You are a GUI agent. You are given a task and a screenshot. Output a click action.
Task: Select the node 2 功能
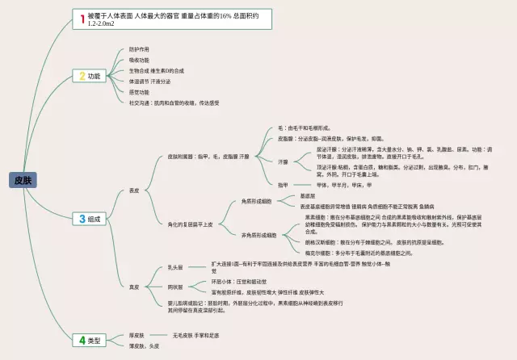point(90,76)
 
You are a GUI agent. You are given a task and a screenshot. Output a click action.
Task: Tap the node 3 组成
point(90,219)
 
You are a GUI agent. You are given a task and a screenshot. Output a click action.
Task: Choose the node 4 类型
point(90,340)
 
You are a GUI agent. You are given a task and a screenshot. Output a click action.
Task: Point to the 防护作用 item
point(139,50)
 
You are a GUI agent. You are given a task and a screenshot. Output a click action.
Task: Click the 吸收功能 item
point(139,61)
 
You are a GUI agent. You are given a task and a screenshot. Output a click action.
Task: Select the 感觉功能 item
point(139,92)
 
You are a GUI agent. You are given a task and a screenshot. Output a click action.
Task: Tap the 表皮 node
point(134,190)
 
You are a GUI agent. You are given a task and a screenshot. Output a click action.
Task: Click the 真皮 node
point(134,287)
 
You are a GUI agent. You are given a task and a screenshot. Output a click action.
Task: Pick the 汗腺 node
point(283,162)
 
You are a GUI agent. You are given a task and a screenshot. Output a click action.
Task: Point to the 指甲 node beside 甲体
point(283,185)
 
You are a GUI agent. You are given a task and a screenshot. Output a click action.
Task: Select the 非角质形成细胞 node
point(258,235)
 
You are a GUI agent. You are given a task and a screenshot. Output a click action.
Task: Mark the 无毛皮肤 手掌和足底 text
point(195,335)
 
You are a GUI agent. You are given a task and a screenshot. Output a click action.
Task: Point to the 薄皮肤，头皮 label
point(144,346)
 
